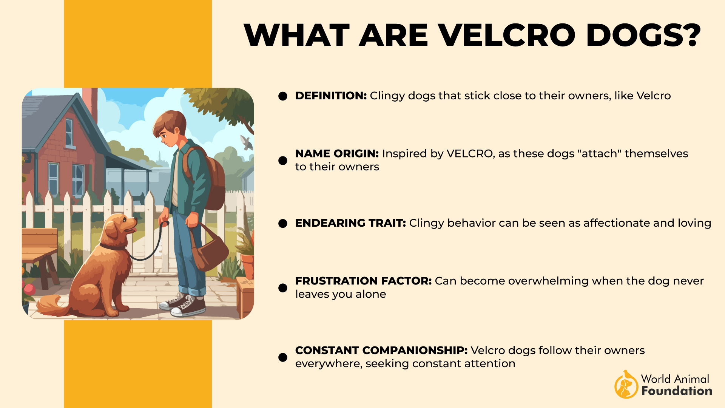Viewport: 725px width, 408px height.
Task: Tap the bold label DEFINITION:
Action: [x=331, y=96]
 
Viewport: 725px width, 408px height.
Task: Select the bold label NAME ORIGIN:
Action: [x=337, y=153]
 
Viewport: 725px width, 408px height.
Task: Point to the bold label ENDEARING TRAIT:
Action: [x=350, y=223]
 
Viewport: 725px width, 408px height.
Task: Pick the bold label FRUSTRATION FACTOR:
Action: [x=363, y=281]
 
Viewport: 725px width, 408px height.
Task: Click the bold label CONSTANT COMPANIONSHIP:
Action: [x=381, y=350]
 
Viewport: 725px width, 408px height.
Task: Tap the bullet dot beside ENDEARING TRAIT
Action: [x=283, y=223]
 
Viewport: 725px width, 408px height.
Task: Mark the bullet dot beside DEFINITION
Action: [x=283, y=96]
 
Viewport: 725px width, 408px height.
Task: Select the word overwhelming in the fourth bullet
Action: [x=536, y=281]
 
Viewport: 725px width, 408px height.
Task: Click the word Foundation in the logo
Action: [x=677, y=391]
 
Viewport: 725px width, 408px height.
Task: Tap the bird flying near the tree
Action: [x=247, y=142]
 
